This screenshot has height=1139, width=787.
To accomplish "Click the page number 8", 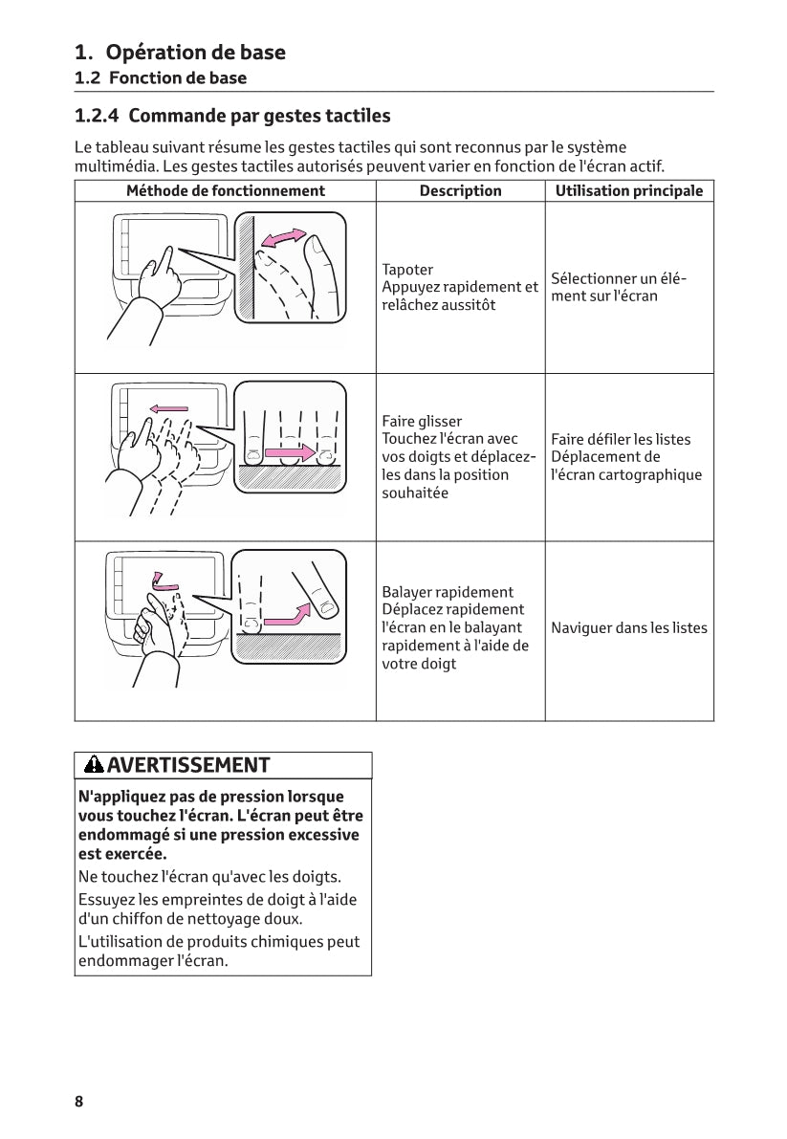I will (x=79, y=1101).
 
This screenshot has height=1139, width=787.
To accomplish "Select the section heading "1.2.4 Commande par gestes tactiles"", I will (x=232, y=117).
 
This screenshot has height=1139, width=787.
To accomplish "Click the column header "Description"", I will (x=460, y=191).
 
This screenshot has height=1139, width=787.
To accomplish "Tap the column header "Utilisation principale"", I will (x=629, y=191).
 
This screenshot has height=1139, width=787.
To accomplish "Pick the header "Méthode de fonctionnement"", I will (x=226, y=191).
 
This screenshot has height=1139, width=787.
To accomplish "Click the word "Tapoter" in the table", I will (x=407, y=270).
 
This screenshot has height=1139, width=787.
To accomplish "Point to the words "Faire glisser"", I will (x=422, y=421).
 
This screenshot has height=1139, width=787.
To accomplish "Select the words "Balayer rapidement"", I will (x=448, y=592).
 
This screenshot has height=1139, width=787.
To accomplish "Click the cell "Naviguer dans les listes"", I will (x=629, y=628).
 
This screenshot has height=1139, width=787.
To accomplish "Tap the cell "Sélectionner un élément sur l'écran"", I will (x=619, y=287).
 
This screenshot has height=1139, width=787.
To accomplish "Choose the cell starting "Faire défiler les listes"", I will (x=626, y=457).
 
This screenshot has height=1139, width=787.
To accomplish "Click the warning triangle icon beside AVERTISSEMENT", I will (x=94, y=765).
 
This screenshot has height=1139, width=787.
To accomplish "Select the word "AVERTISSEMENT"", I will (x=189, y=765).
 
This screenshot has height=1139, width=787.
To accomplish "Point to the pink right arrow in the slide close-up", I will (x=290, y=450).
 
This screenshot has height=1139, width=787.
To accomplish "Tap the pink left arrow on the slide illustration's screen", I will (x=168, y=408).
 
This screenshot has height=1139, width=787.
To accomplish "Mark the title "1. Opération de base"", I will (x=180, y=52).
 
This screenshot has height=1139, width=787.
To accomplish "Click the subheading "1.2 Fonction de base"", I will (x=161, y=78).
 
